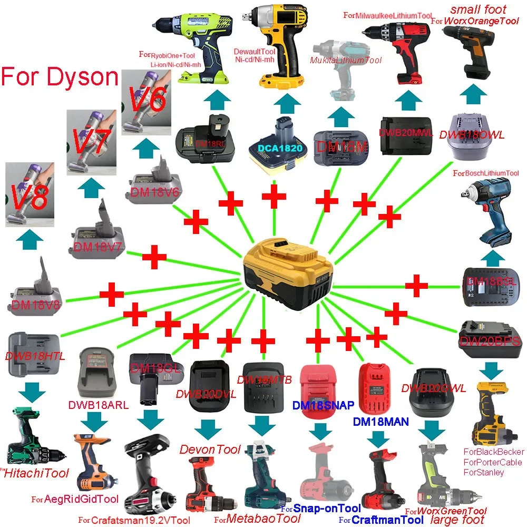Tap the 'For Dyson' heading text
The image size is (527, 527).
coord(59,76)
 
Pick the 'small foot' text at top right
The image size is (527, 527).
coord(478,9)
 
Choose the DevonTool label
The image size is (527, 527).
coord(210,450)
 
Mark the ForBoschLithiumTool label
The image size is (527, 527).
coord(486,173)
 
